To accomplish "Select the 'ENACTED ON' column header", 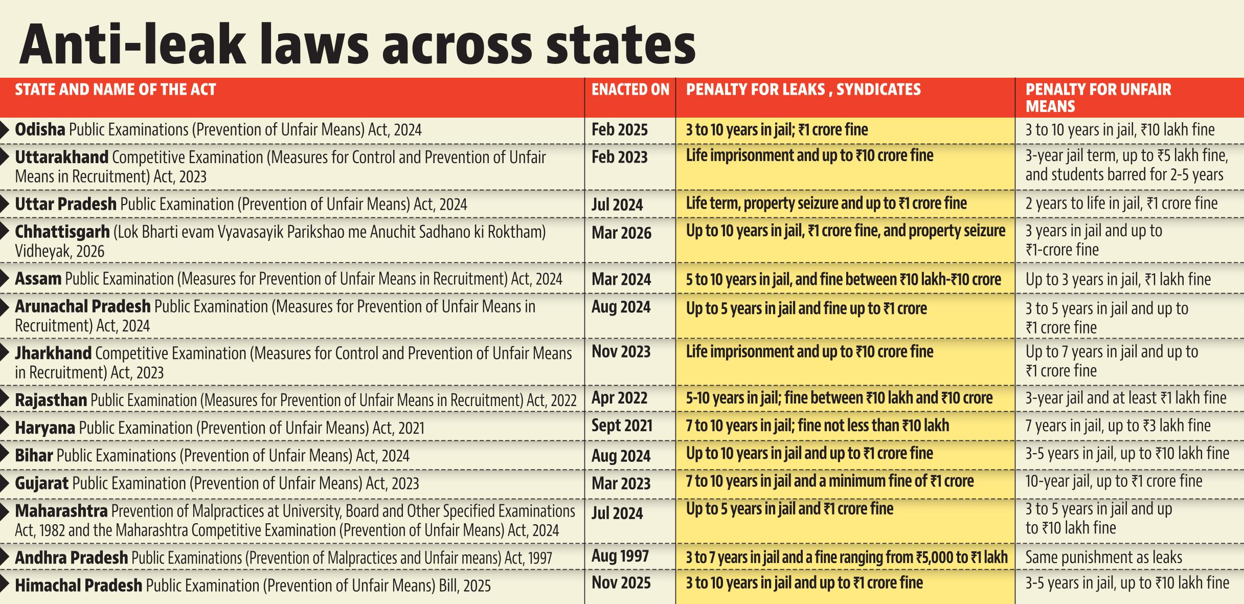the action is pos(630,90).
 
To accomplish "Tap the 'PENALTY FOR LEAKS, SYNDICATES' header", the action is pos(803,90).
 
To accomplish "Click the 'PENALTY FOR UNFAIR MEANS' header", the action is pos(1098,98).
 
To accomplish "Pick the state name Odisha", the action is pos(40,129).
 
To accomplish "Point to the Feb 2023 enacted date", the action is pos(620,157).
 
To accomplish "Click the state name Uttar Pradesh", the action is pos(65,204).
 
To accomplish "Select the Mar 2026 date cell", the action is pos(622,233).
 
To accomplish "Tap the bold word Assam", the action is pos(38,279).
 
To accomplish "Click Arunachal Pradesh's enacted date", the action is pos(621,307).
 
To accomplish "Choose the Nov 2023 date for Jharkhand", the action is pos(621,352).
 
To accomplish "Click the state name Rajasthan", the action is pos(51,400).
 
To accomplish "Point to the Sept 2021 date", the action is pos(622,426).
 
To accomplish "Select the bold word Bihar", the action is pos(34,455).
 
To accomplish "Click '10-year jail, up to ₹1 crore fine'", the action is pos(1114,481).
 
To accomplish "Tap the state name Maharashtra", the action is pos(61,511).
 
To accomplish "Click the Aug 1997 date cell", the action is pos(620,556).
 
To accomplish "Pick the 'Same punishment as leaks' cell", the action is pos(1104,557).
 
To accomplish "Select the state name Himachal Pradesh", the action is pos(78,585).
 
